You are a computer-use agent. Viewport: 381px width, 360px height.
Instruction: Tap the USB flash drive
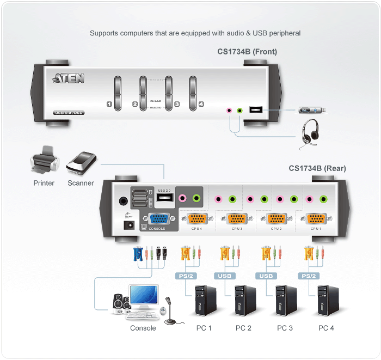(312, 111)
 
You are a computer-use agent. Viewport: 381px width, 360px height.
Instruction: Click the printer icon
(44, 160)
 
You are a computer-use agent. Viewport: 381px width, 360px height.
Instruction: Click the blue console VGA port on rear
(158, 219)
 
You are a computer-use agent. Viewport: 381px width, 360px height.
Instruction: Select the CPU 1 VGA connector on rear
(316, 219)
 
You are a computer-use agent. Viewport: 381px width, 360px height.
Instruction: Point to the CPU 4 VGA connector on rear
(197, 219)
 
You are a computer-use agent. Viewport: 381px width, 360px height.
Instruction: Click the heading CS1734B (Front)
(247, 52)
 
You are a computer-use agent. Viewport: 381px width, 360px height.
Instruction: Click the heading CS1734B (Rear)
(317, 168)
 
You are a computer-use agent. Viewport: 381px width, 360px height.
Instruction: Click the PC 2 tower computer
(243, 302)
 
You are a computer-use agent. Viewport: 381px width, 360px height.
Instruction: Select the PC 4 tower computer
(327, 302)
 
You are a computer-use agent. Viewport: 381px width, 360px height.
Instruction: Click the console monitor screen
(143, 296)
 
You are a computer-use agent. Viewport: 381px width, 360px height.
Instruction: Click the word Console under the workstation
(143, 328)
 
